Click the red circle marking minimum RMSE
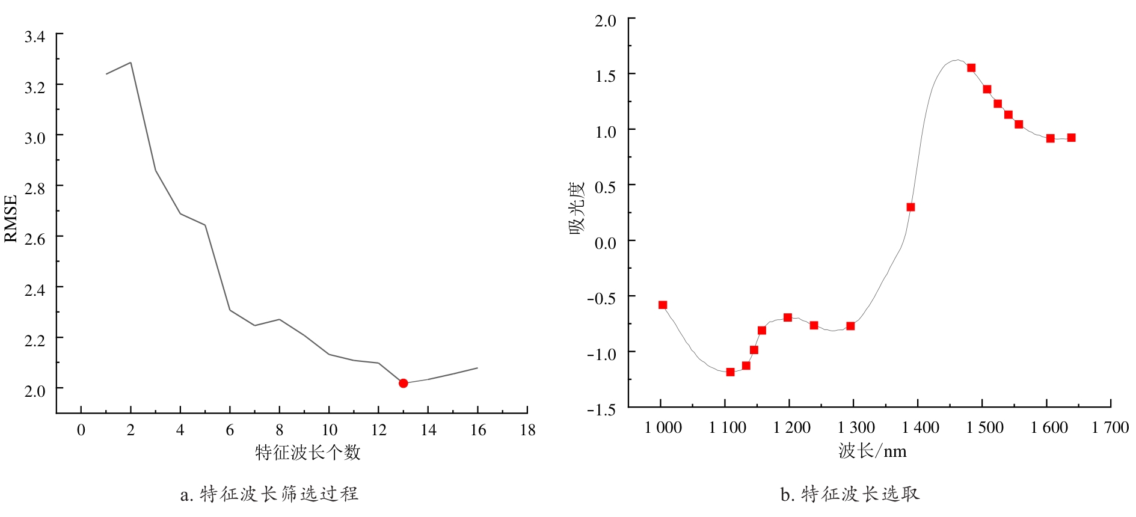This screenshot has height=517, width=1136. click(x=403, y=383)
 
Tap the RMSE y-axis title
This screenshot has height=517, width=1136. click(x=11, y=218)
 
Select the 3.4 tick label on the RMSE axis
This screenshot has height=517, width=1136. click(x=34, y=37)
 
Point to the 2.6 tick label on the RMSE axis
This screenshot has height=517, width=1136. click(x=34, y=239)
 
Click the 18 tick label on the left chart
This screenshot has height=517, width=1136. click(x=527, y=430)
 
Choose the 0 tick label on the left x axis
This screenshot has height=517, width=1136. click(x=81, y=430)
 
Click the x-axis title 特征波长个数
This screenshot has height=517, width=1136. click(x=307, y=452)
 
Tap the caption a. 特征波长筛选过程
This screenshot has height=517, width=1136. click(x=269, y=494)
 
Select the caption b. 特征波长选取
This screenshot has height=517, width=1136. click(x=850, y=494)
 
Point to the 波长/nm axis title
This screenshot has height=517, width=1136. click(x=872, y=451)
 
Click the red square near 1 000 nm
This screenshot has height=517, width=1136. click(x=663, y=305)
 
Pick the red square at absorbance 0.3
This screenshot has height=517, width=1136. click(x=910, y=207)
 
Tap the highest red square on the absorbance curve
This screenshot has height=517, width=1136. click(x=971, y=68)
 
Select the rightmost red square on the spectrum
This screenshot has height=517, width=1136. click(x=1071, y=138)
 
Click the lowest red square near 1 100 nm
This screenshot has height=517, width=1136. click(x=730, y=372)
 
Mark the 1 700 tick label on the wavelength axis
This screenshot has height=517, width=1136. click(x=1110, y=427)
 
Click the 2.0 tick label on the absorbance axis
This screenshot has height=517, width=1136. click(x=605, y=21)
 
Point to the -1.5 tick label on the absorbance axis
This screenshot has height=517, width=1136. click(x=602, y=409)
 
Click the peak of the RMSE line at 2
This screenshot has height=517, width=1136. click(x=130, y=63)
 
